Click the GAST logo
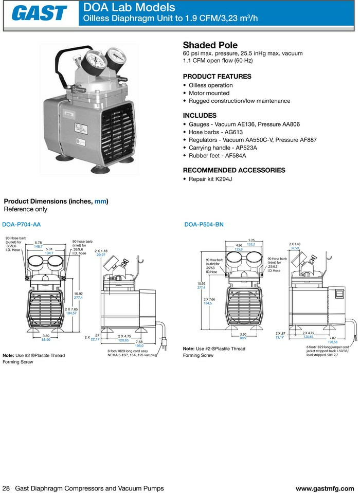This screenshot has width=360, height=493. pyautogui.click(x=39, y=14)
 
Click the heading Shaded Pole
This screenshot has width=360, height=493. pyautogui.click(x=208, y=45)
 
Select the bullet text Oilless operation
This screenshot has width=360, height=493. pyautogui.click(x=210, y=85)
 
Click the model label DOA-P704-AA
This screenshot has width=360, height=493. pyautogui.click(x=22, y=225)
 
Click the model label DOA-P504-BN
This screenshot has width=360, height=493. pyautogui.click(x=204, y=225)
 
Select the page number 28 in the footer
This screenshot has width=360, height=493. pyautogui.click(x=6, y=488)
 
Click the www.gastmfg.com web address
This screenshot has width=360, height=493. pyautogui.click(x=325, y=488)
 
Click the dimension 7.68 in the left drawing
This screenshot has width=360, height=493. pyautogui.click(x=139, y=342)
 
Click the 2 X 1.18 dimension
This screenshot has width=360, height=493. pyautogui.click(x=101, y=250)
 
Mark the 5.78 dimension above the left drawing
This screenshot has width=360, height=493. pyautogui.click(x=38, y=243)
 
